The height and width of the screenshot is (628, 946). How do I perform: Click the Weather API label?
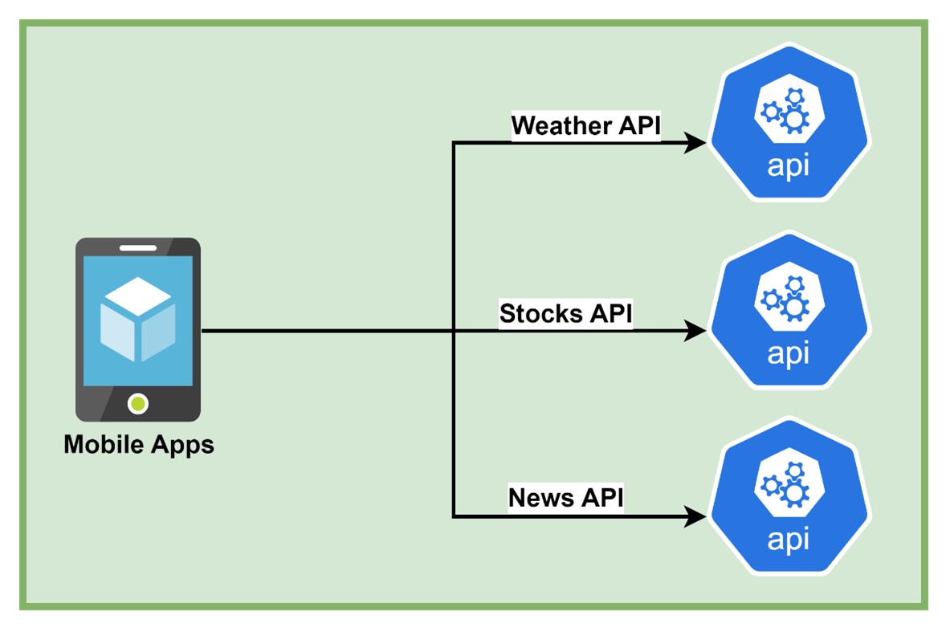point(585,126)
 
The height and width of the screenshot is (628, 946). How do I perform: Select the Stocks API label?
point(565,313)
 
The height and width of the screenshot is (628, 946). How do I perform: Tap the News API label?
point(565,497)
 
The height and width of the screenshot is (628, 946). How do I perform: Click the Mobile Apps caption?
point(139,444)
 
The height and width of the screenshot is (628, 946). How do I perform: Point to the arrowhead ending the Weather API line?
point(694,144)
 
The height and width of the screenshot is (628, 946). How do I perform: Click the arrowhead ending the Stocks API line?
point(694,330)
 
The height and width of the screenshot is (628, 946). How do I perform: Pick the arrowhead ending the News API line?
point(694,516)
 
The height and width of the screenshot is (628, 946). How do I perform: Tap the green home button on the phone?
point(138,404)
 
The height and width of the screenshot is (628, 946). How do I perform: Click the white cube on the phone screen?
point(137,319)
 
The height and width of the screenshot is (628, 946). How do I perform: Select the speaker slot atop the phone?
point(138,248)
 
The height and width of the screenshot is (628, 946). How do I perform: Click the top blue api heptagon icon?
point(789,122)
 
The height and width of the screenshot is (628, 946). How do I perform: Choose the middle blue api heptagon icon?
point(789,310)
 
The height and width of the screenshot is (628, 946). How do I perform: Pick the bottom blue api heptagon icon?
point(789,495)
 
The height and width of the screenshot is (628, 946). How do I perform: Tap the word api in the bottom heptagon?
point(789,539)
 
